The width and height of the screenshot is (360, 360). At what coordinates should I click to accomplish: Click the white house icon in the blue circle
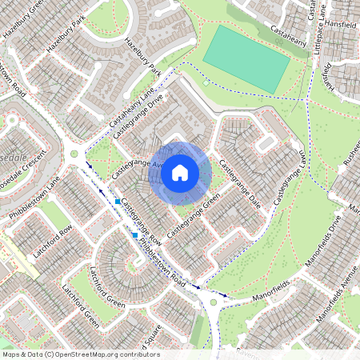(x=180, y=171)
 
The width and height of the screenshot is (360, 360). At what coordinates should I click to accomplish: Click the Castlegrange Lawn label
(x=290, y=177)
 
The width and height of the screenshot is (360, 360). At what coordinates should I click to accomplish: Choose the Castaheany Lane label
(x=128, y=113)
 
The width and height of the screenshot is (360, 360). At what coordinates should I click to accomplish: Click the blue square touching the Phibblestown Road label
(x=134, y=234)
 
